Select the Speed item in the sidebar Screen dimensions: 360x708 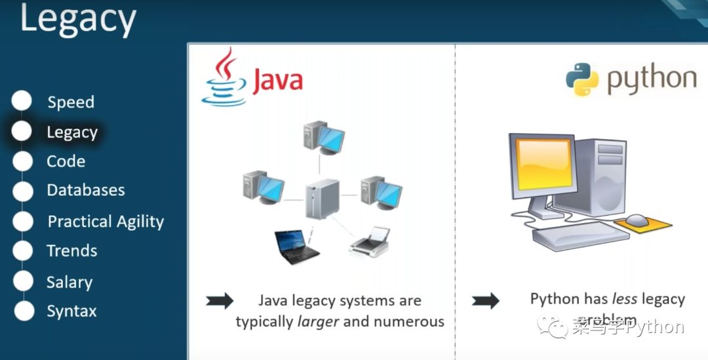(71, 102)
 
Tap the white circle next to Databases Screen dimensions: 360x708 (22, 191)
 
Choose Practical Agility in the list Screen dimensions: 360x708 (106, 222)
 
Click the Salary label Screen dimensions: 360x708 (69, 282)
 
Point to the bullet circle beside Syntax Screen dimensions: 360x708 (24, 311)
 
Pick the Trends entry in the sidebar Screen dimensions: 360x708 (72, 250)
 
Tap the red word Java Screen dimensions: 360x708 (277, 81)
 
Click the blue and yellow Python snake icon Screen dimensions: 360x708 (582, 79)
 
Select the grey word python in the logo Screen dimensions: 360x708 (651, 80)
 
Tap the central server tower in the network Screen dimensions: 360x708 (322, 199)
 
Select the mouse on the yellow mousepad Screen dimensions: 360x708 (637, 220)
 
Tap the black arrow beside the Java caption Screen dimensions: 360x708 (220, 301)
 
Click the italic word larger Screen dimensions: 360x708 (319, 321)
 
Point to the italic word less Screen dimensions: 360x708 (625, 299)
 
